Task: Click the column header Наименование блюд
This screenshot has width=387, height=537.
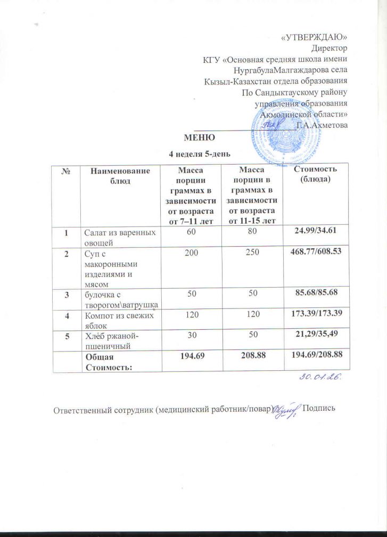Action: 117,176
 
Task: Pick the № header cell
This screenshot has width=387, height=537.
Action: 67,171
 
